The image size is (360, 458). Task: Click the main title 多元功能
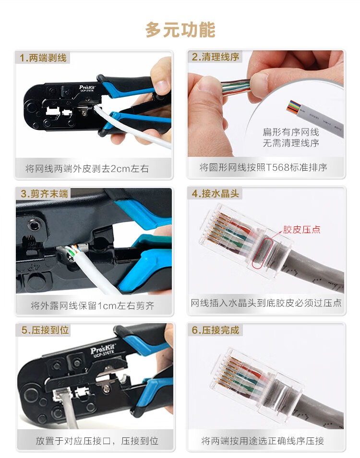point(180,30)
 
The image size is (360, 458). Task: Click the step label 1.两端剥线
point(43,58)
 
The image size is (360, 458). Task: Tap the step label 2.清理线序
point(216,57)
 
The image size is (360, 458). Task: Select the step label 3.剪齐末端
point(44,194)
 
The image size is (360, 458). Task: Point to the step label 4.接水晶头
point(216,193)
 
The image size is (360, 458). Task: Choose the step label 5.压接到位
point(45,330)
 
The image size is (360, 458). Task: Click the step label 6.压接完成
point(216,330)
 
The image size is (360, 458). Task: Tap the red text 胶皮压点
point(301,230)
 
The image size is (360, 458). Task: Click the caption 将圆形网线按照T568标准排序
point(263,167)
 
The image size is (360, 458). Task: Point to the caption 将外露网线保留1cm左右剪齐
point(93,305)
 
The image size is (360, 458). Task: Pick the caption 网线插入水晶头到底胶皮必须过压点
point(266,303)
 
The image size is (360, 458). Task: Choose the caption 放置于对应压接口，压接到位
point(97,441)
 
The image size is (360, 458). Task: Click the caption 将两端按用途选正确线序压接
point(263,441)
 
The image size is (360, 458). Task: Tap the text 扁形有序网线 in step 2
point(291,132)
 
